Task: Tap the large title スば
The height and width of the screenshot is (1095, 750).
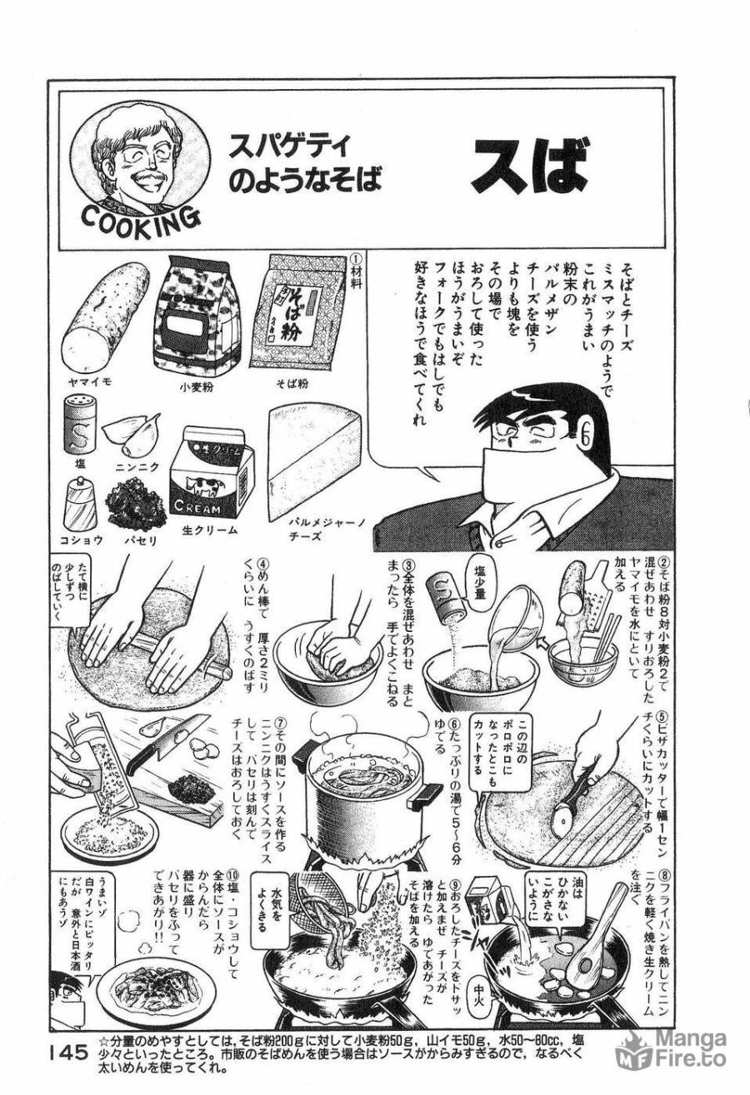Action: pyautogui.click(x=528, y=167)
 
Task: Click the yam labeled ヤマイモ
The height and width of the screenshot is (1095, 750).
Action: pyautogui.click(x=105, y=313)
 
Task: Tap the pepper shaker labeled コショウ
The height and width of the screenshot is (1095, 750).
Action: pyautogui.click(x=80, y=504)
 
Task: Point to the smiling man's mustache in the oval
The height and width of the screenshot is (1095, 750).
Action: pyautogui.click(x=148, y=177)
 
